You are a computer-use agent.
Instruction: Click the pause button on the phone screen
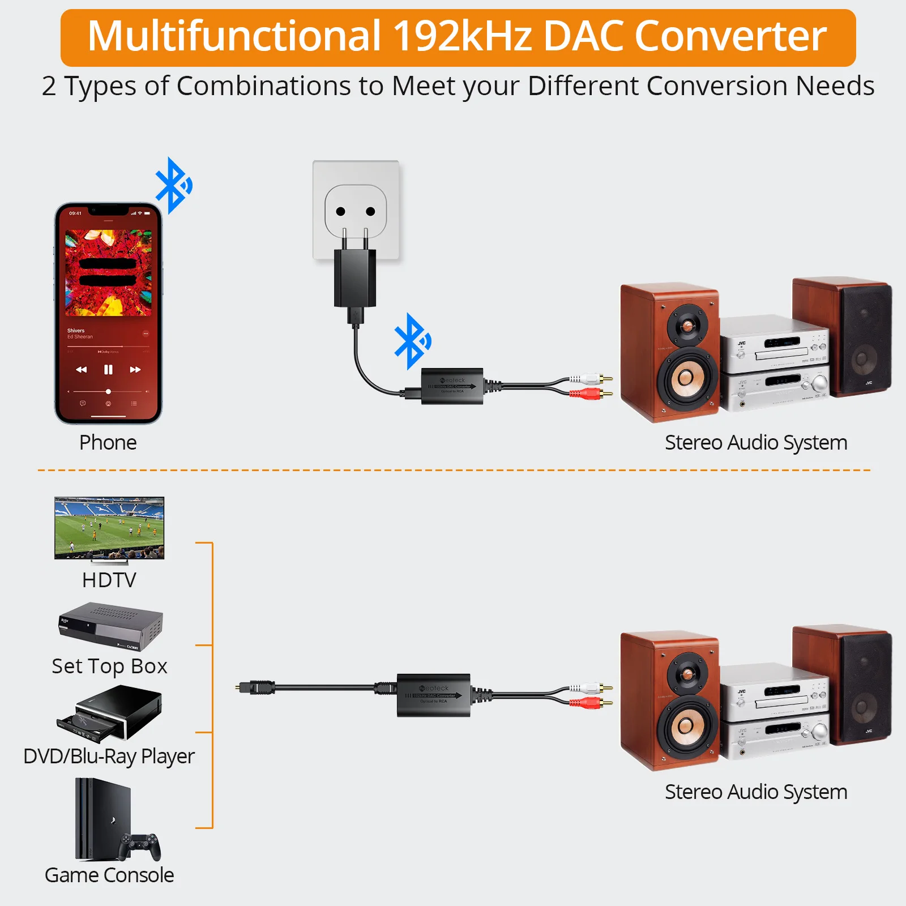pos(108,370)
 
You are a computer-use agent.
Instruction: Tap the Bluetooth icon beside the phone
pos(173,185)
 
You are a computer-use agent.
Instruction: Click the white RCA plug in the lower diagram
pos(589,688)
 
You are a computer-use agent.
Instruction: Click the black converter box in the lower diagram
pos(434,695)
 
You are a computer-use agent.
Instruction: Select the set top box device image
pos(110,627)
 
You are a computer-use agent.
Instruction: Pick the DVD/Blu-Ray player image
pos(110,713)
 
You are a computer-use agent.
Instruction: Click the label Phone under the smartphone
pos(108,442)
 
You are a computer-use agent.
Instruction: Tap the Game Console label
pos(109,875)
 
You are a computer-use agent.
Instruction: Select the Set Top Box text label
pos(109,666)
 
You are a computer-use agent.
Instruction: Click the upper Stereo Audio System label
pos(756,442)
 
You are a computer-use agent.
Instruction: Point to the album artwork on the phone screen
pos(108,273)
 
